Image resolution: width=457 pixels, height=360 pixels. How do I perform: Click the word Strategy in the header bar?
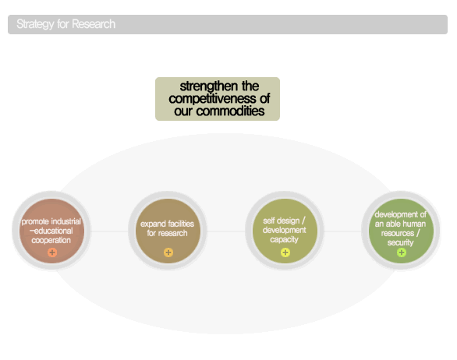[35, 24]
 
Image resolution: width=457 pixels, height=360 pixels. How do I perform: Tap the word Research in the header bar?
[94, 24]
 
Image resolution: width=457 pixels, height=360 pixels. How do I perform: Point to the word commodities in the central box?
[230, 111]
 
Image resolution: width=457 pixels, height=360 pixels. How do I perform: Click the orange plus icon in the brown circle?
[52, 252]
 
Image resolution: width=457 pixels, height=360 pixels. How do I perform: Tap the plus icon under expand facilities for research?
[168, 252]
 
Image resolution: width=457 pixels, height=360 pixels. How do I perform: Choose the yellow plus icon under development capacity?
[285, 252]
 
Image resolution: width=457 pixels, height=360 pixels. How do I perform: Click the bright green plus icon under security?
[402, 252]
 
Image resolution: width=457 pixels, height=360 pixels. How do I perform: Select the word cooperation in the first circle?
[51, 240]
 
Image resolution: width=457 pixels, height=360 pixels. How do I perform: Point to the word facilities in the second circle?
[181, 224]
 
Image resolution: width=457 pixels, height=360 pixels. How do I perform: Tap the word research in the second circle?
[173, 233]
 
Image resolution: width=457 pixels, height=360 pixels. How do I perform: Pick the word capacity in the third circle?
[284, 240]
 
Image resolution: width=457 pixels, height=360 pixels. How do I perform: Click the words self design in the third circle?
[282, 221]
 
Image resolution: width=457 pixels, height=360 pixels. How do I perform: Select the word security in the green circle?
[400, 242]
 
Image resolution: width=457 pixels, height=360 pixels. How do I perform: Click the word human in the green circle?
[414, 224]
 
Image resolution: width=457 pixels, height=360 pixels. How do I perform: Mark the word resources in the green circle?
[398, 233]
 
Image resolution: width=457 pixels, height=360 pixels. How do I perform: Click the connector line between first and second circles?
[110, 231]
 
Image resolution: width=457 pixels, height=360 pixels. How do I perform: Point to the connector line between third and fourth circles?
[342, 231]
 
